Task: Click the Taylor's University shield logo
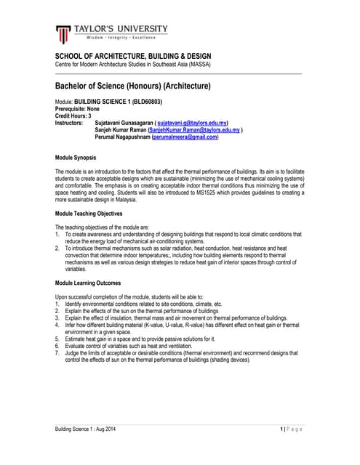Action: [64, 33]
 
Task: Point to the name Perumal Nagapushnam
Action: [122, 137]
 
